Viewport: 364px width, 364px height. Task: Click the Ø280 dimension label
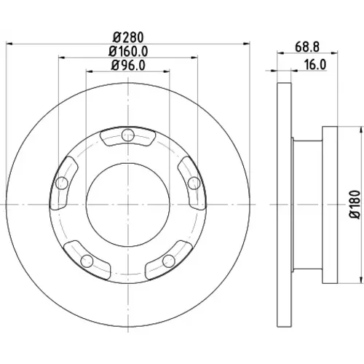[128, 37]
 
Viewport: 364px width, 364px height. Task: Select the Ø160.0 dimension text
[128, 51]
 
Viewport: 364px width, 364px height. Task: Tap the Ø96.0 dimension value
[128, 65]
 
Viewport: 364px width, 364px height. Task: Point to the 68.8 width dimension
[307, 47]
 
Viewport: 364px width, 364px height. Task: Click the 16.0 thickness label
[315, 65]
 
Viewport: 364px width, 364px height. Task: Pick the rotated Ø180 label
[356, 205]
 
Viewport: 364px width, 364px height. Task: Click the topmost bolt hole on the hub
[128, 135]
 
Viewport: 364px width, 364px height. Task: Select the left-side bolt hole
[62, 183]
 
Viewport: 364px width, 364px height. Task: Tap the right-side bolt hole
[194, 183]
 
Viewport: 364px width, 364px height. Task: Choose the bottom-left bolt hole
[87, 261]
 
